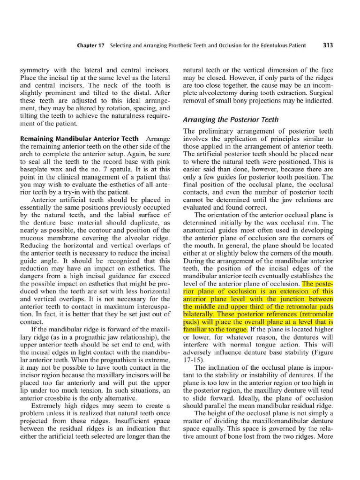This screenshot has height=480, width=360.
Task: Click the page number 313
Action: click(x=328, y=45)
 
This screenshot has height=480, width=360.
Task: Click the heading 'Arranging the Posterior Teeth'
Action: click(x=231, y=120)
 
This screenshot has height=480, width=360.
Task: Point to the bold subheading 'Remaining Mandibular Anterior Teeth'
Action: click(x=79, y=139)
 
